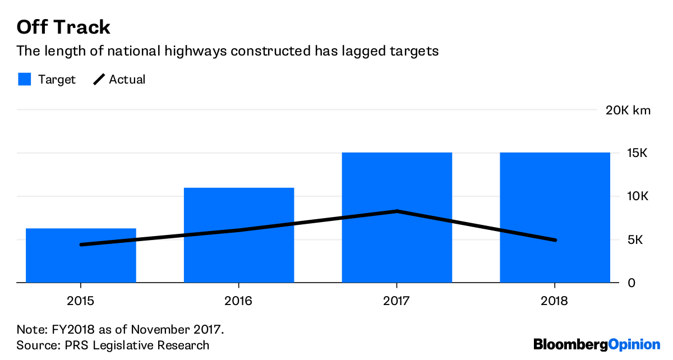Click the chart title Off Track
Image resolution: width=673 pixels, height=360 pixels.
[x=63, y=27]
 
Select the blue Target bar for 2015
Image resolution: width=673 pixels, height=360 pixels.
[x=81, y=264]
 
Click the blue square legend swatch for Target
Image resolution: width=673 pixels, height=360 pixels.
[x=24, y=79]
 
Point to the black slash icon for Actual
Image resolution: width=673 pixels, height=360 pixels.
[x=99, y=79]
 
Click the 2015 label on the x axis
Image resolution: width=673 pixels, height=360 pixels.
[x=81, y=301]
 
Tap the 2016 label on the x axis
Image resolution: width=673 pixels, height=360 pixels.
[x=239, y=301]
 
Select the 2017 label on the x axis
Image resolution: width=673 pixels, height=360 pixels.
[x=397, y=301]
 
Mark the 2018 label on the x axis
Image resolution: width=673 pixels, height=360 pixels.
[x=555, y=301]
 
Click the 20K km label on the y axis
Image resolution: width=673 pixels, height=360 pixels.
[x=628, y=110]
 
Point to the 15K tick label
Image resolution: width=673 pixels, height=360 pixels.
[x=638, y=153]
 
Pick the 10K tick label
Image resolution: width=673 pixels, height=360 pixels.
[x=638, y=196]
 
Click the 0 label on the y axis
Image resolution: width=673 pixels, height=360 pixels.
[x=631, y=283]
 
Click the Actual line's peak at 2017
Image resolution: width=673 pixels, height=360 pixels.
[x=397, y=211]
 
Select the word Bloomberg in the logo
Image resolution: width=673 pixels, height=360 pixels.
[x=570, y=344]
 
